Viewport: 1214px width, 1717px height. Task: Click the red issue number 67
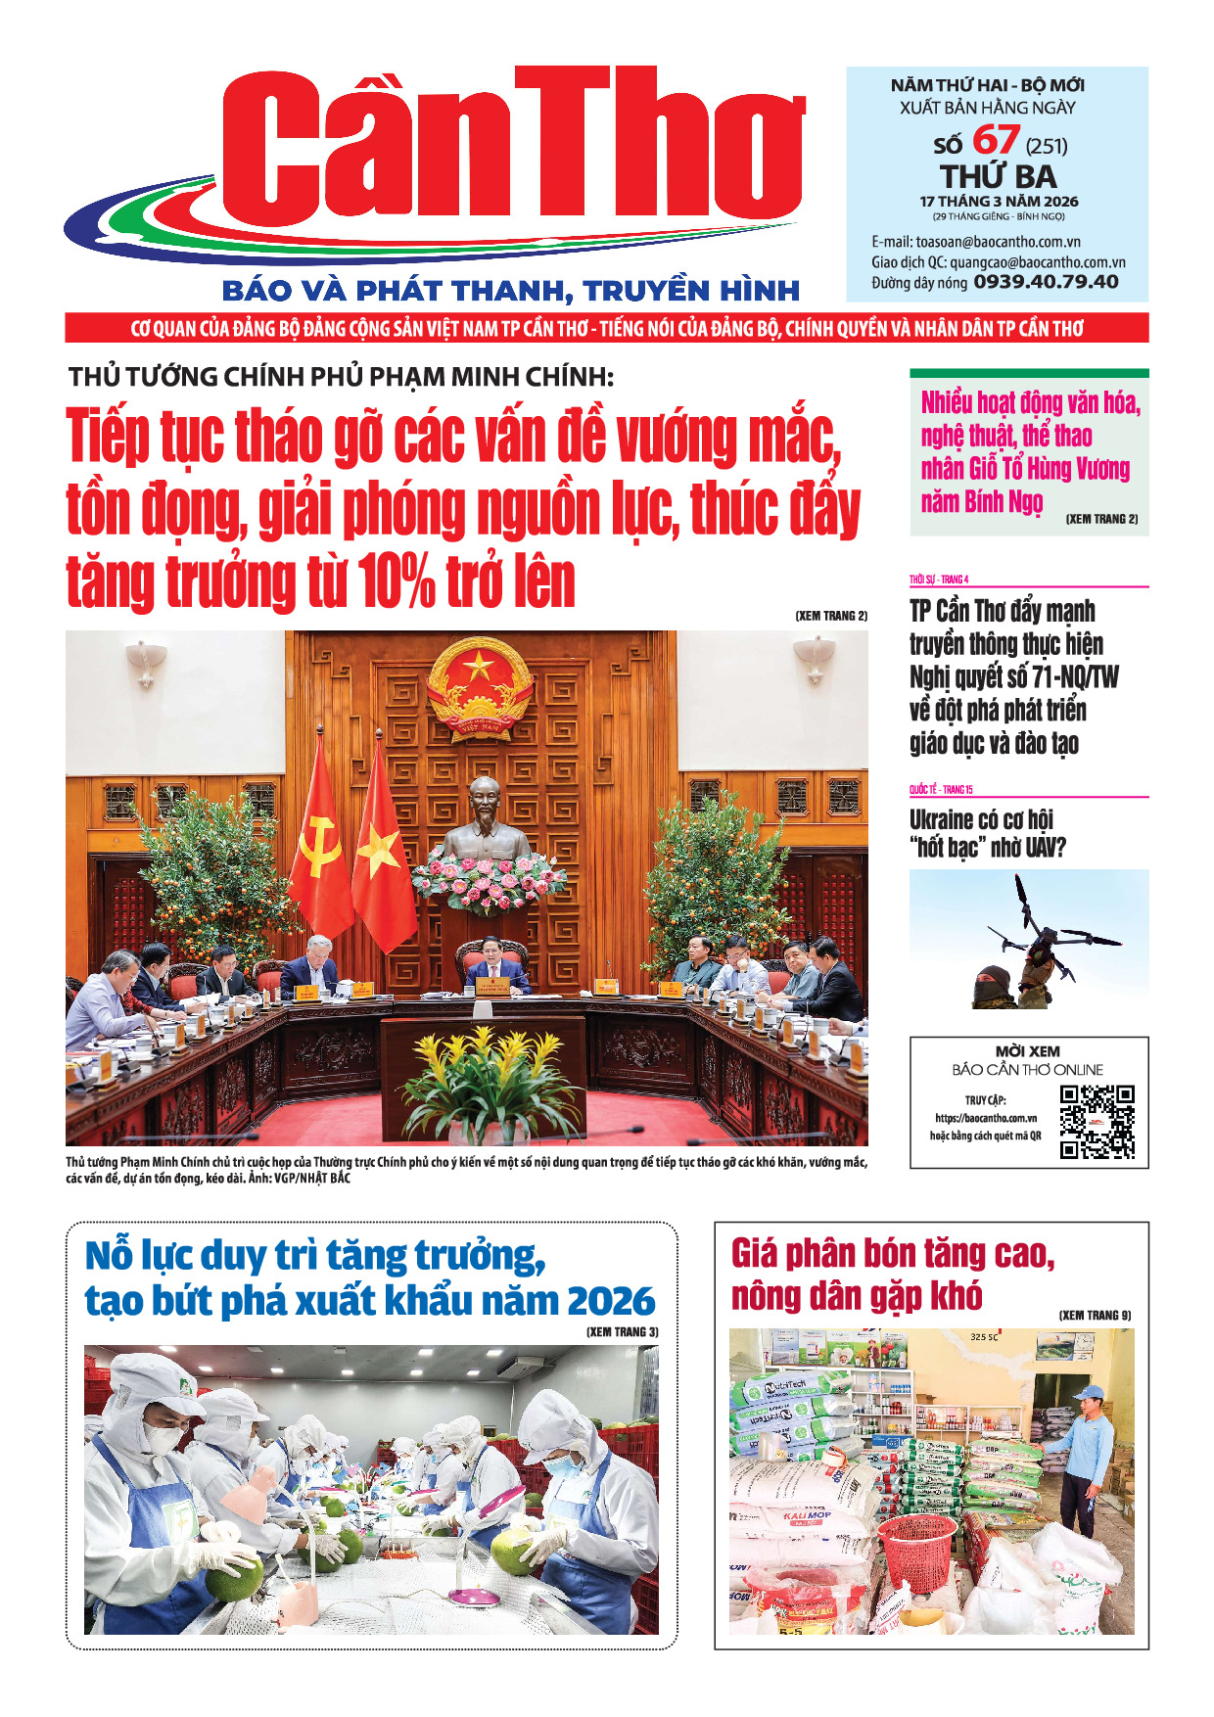(x=996, y=140)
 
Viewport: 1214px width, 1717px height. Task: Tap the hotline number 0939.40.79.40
(x=1046, y=283)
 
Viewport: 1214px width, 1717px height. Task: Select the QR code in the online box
(x=1097, y=1122)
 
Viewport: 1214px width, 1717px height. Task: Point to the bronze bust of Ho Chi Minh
(x=485, y=818)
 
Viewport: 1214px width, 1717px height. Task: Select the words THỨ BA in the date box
(x=999, y=177)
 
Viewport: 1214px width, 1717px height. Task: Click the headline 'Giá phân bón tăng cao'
(x=893, y=1254)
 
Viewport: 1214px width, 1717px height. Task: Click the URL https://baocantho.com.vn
(x=985, y=1118)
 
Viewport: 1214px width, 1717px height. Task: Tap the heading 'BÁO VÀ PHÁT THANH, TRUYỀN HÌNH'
(x=511, y=291)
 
